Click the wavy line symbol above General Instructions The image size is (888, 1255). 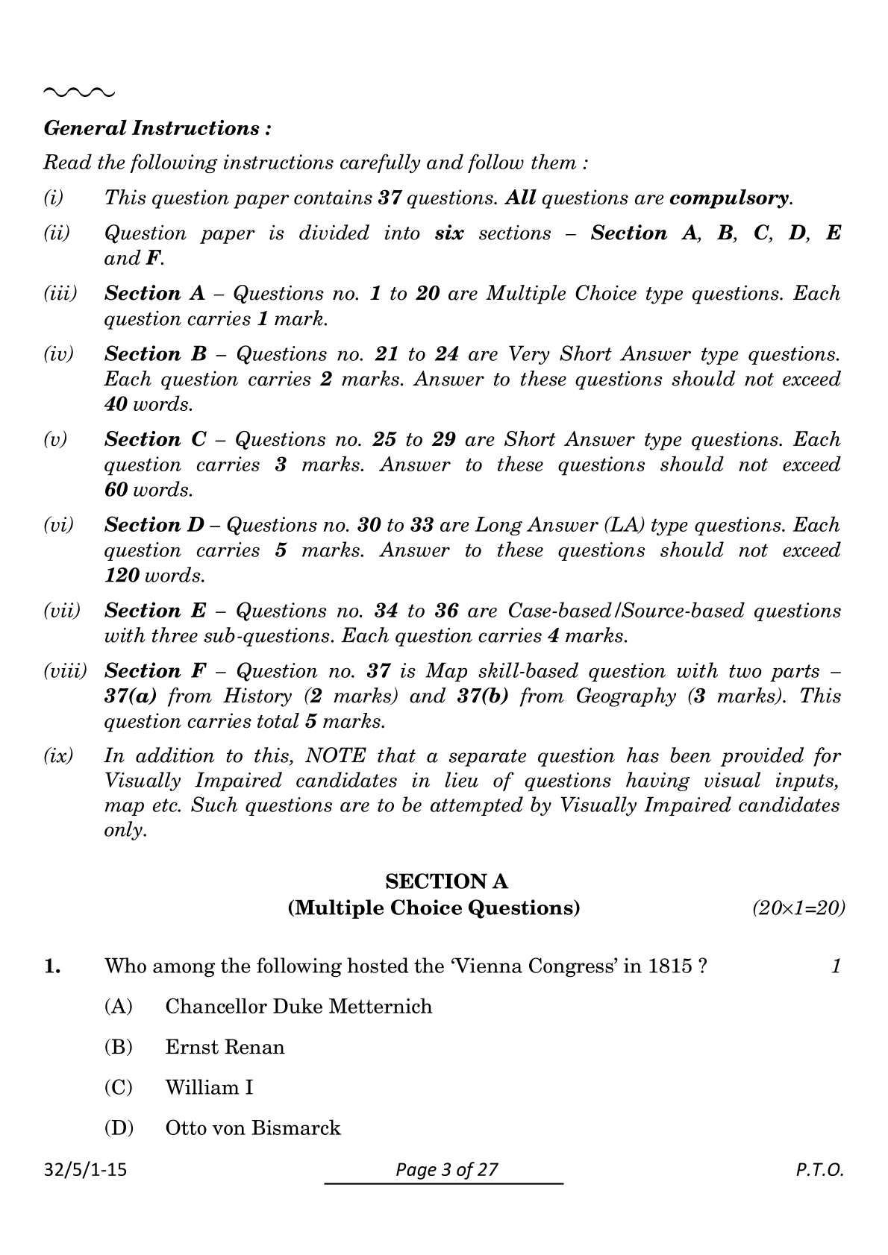pos(79,92)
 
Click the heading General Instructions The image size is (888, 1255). pos(157,128)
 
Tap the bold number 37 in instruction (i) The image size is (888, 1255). pos(390,198)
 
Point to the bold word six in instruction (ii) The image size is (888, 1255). pos(448,233)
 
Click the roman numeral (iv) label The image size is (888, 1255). pos(59,354)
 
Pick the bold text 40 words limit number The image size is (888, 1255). pos(116,405)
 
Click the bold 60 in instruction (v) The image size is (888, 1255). pos(116,491)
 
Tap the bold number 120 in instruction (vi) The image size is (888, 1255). pos(122,576)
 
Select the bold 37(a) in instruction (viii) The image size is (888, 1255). pos(131,696)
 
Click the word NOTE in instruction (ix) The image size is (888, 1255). pos(336,756)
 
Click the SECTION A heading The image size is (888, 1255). pos(446,882)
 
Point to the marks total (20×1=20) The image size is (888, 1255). pos(798,908)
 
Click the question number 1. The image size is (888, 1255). pos(52,967)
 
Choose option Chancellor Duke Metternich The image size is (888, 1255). pos(298,1007)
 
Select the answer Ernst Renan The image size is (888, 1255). pos(225,1048)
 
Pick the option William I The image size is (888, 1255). pos(209,1088)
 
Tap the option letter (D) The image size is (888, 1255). pos(119,1128)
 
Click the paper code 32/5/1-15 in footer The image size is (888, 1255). pos(85,1170)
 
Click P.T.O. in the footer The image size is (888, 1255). pos(819,1170)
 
